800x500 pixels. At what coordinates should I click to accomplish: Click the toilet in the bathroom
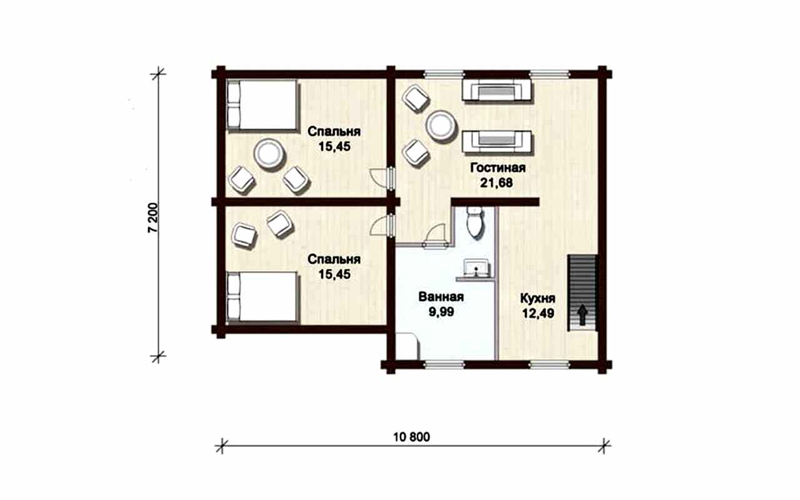(476, 222)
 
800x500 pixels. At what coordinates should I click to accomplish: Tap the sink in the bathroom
(476, 268)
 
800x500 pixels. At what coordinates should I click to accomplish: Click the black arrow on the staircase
(582, 315)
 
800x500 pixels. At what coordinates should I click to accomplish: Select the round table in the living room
(442, 126)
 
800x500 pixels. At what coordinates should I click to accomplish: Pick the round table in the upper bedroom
(269, 154)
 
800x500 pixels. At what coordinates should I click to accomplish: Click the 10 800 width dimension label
(411, 437)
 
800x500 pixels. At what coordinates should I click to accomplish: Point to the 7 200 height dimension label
(152, 218)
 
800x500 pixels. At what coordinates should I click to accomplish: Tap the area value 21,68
(496, 183)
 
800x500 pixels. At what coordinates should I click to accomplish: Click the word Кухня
(537, 298)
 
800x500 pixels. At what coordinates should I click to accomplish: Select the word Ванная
(441, 297)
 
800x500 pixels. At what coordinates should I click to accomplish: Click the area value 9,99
(441, 312)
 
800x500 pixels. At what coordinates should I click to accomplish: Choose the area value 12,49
(538, 314)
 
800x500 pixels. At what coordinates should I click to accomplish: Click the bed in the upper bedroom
(262, 106)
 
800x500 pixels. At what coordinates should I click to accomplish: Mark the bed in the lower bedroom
(262, 297)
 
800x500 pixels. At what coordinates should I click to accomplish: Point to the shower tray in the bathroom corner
(407, 346)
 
